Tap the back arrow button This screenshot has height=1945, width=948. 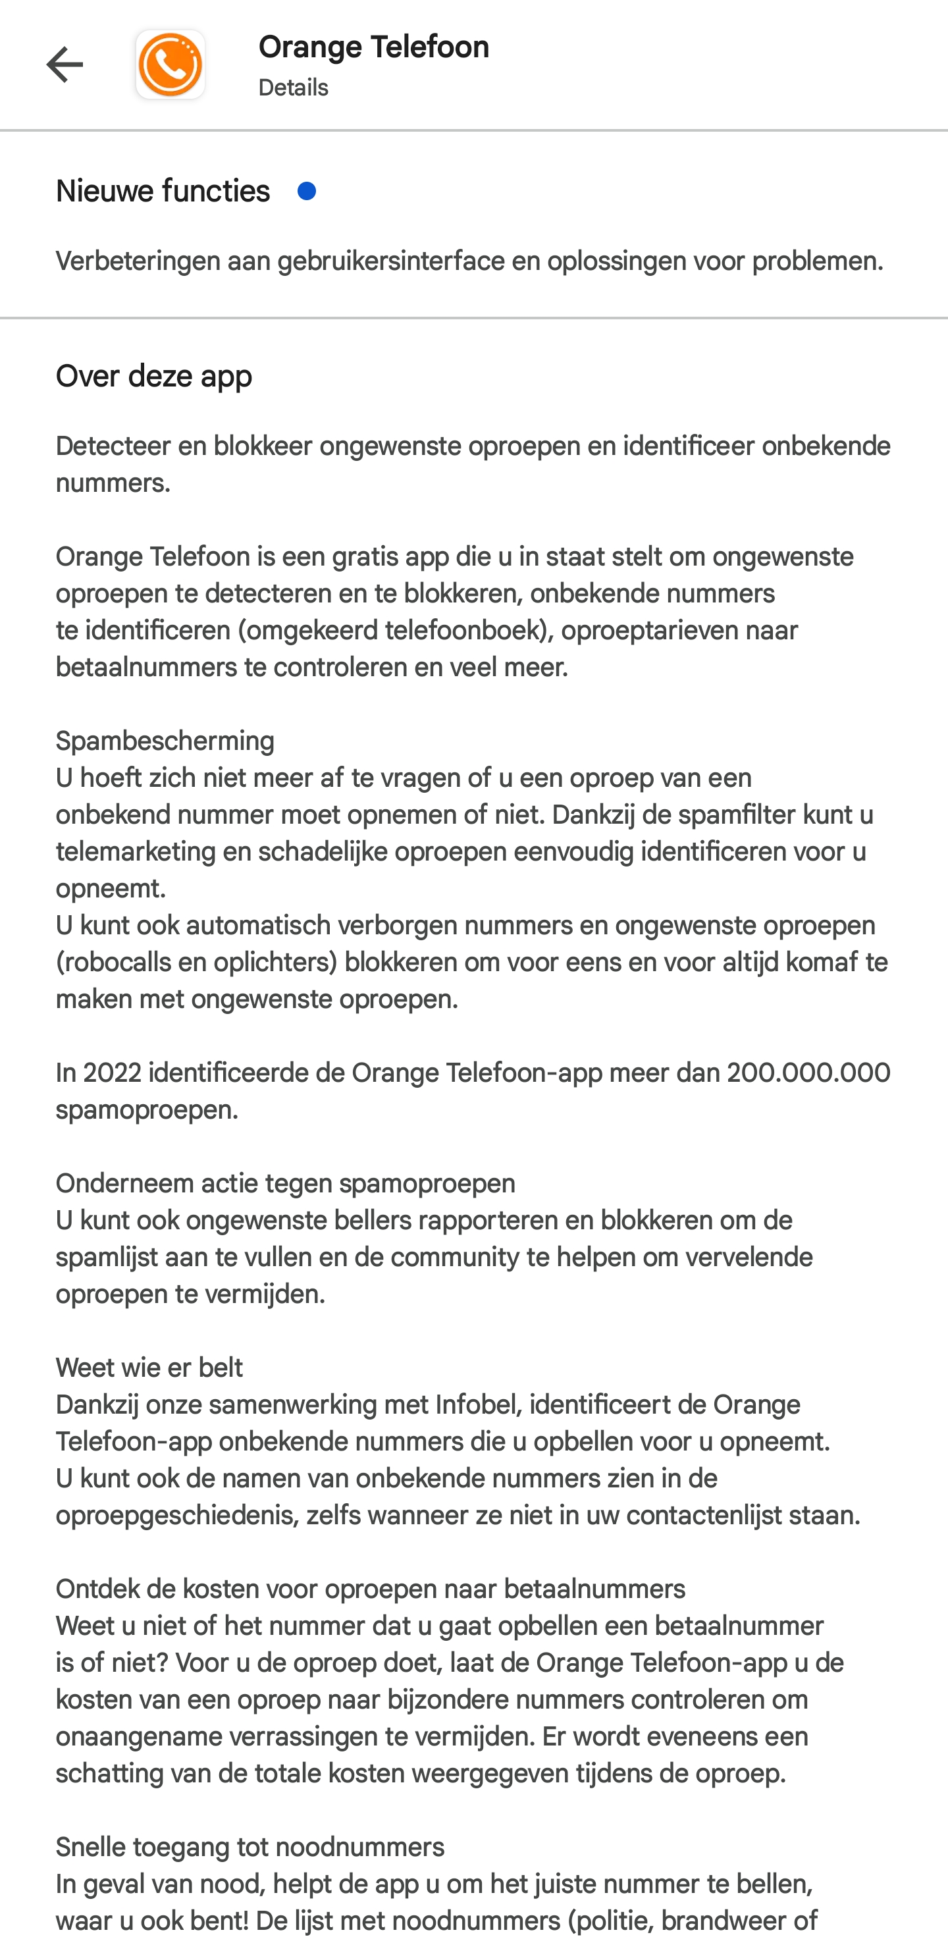point(64,65)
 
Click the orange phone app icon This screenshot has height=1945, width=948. point(171,65)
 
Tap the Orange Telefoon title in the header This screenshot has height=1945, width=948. point(374,47)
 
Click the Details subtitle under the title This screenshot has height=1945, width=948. point(293,88)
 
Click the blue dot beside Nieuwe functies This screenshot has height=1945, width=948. point(306,192)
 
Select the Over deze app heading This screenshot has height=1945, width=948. point(154,376)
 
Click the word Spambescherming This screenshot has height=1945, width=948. point(165,741)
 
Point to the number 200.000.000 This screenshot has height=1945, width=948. point(808,1073)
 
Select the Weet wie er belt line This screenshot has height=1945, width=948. point(149,1368)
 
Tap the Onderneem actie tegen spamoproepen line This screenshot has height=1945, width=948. point(285,1184)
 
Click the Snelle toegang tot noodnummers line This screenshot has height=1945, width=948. point(250,1848)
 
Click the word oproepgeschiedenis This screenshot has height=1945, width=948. point(175,1516)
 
